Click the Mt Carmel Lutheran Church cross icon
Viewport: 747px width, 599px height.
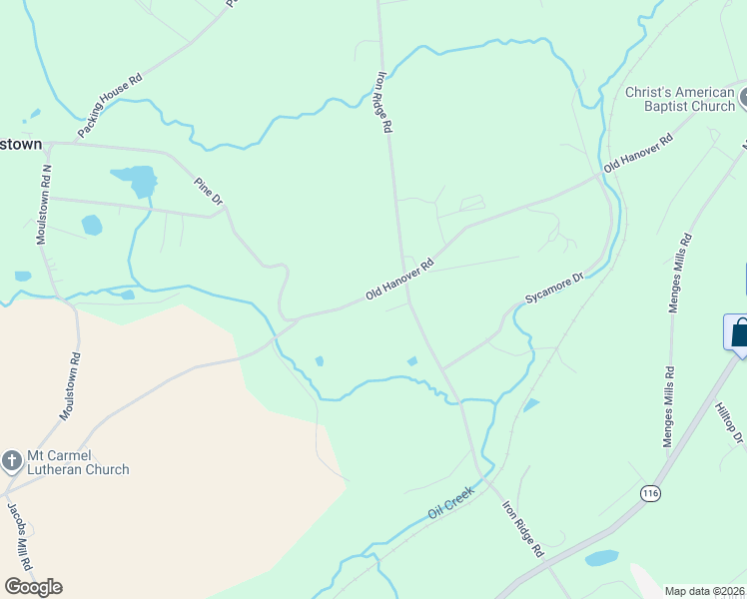[12, 460]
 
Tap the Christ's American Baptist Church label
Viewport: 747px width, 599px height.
[679, 99]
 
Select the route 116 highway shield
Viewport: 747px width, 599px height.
[651, 493]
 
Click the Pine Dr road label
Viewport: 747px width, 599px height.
[209, 190]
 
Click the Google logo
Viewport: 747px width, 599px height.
[33, 587]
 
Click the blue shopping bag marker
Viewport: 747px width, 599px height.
[739, 331]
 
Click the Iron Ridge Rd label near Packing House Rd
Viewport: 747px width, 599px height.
[384, 101]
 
